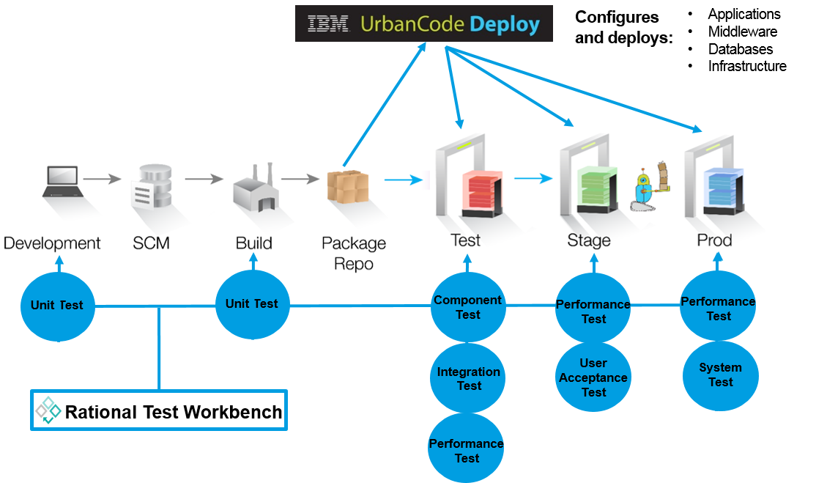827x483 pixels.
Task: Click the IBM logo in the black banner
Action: pyautogui.click(x=327, y=23)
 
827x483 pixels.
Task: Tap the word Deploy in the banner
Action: pyautogui.click(x=505, y=25)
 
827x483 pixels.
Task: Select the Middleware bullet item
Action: pyautogui.click(x=742, y=32)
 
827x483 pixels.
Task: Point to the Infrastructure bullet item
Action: pyautogui.click(x=747, y=66)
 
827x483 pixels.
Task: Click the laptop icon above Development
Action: pyautogui.click(x=63, y=182)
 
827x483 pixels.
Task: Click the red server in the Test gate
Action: pyautogui.click(x=482, y=193)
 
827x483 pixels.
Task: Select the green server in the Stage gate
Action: pyautogui.click(x=598, y=190)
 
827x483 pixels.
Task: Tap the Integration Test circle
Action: pyautogui.click(x=468, y=378)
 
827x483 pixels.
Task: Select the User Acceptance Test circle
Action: pyautogui.click(x=593, y=377)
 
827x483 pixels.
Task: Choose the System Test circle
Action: pyautogui.click(x=721, y=375)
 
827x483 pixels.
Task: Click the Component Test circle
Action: pyautogui.click(x=468, y=307)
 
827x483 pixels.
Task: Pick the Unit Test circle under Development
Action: pyautogui.click(x=57, y=306)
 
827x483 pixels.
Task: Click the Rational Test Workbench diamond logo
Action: pyautogui.click(x=48, y=410)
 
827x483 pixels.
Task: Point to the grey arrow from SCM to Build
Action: pyautogui.click(x=204, y=179)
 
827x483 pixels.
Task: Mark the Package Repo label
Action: pyautogui.click(x=354, y=253)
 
